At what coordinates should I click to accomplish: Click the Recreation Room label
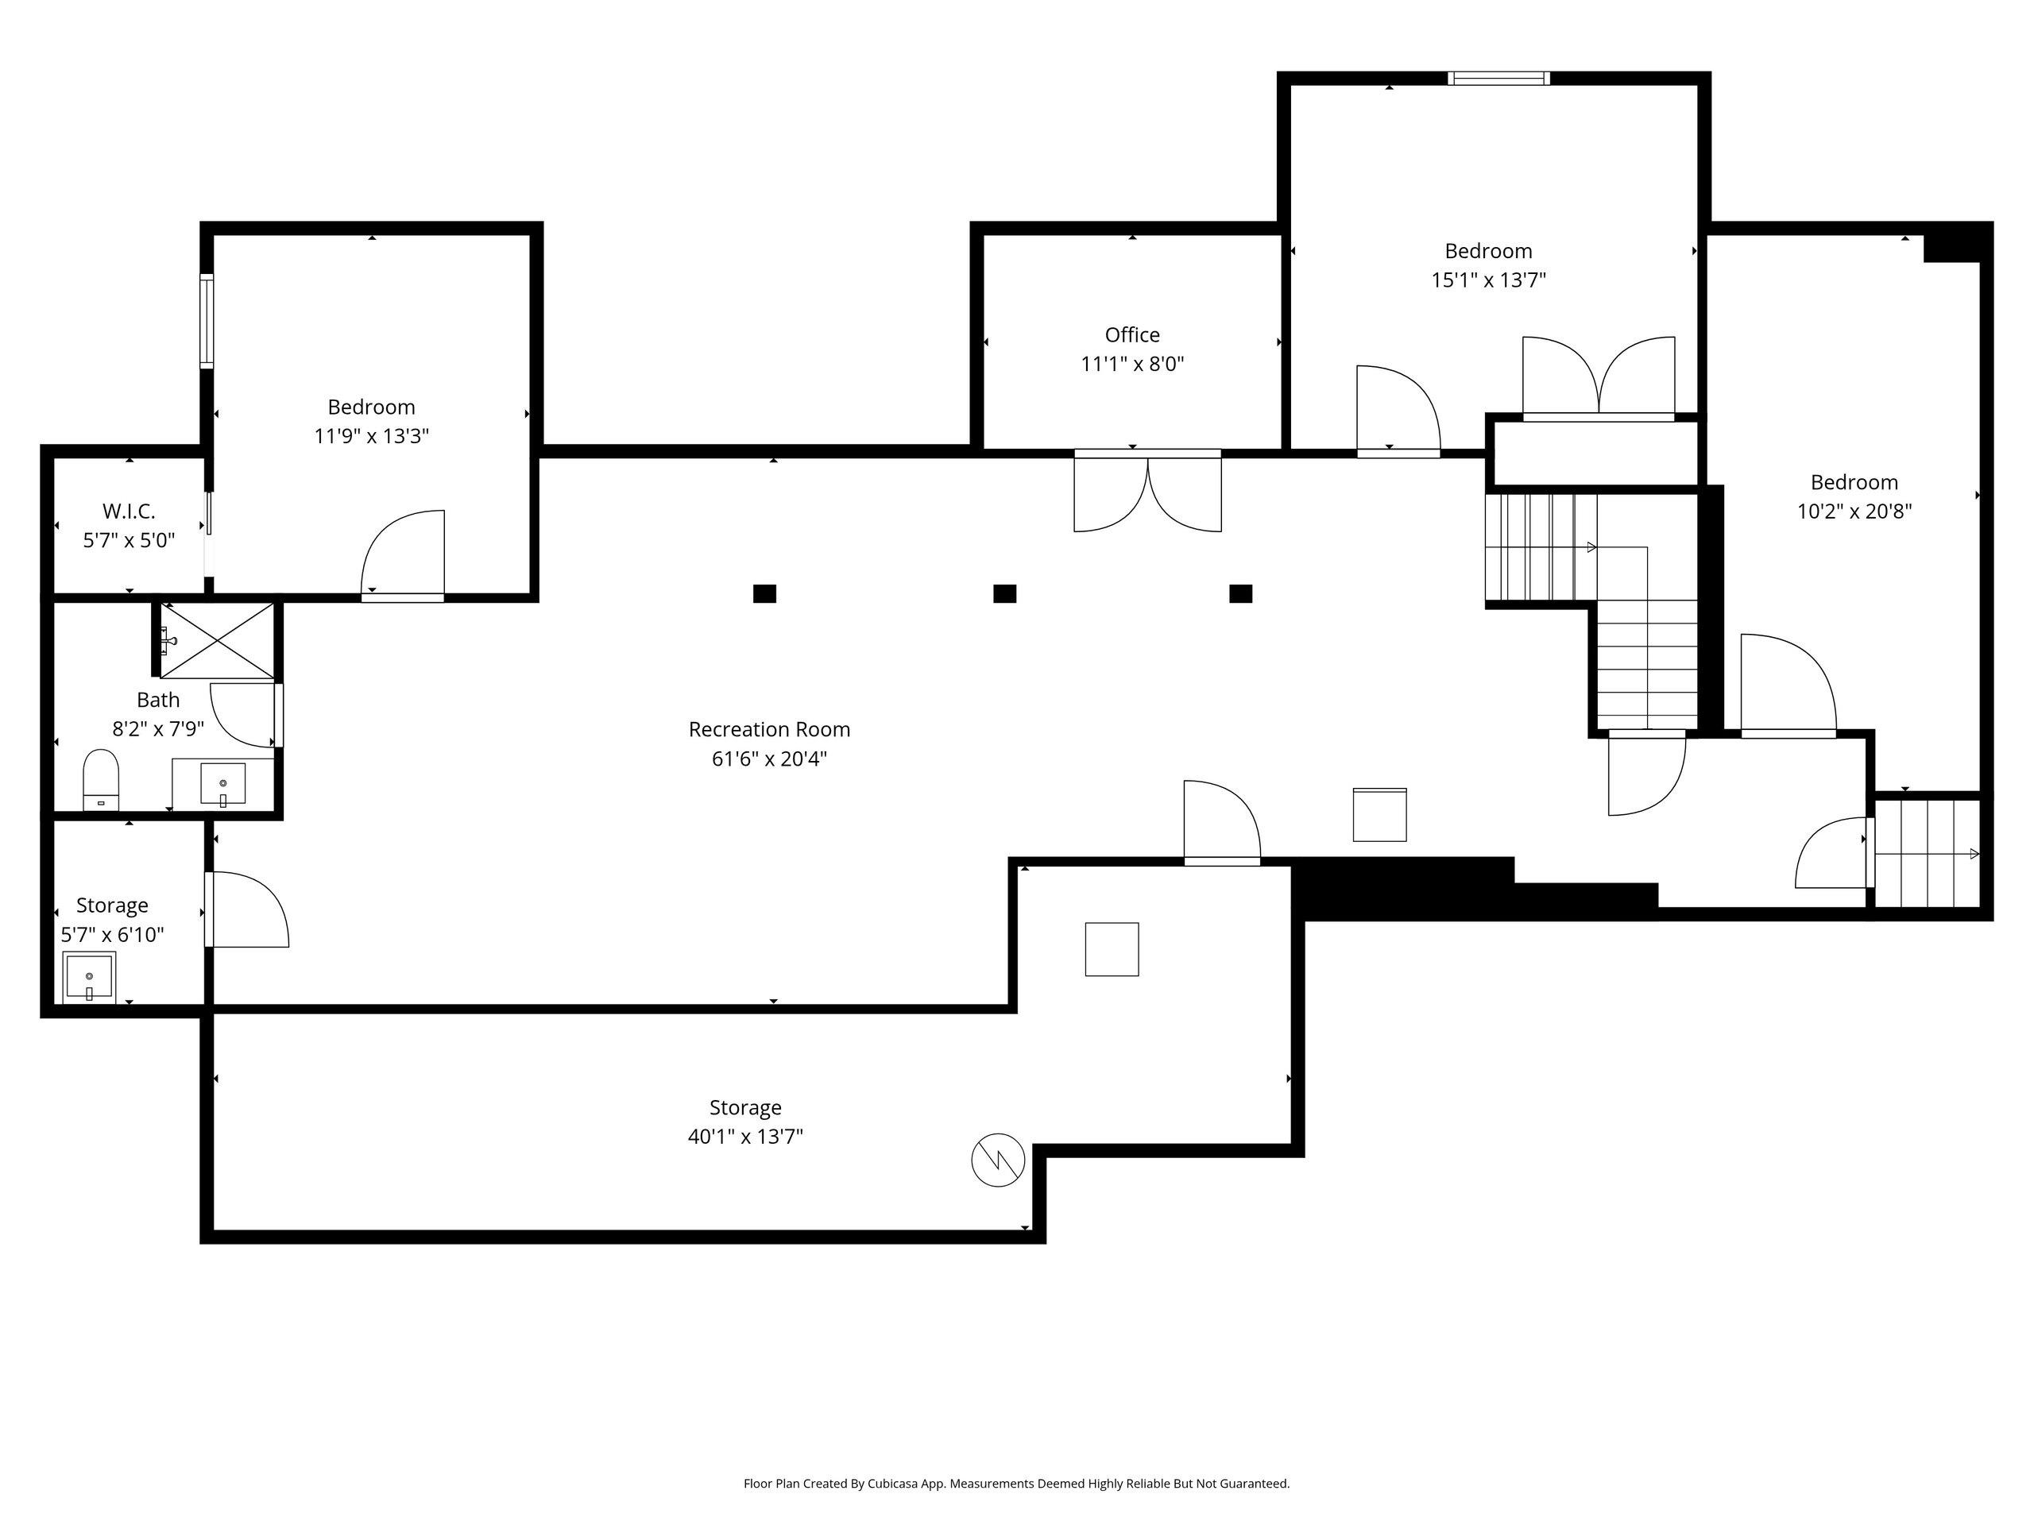769,729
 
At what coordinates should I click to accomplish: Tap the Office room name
1132,334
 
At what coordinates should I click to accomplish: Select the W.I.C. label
129,510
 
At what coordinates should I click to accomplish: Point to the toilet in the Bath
101,778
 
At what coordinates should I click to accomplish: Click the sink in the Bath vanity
222,783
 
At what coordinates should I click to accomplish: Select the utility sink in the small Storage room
89,976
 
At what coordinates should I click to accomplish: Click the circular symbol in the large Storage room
998,1160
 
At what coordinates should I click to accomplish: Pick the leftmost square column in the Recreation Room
764,594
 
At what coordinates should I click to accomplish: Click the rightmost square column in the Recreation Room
1240,594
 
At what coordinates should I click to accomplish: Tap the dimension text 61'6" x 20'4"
769,759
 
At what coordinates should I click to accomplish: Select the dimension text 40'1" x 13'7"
744,1136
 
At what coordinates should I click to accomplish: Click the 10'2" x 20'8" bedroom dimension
1854,510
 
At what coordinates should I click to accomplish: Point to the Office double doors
1147,491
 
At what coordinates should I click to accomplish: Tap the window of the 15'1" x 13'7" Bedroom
1498,78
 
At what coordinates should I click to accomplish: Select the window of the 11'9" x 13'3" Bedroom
207,321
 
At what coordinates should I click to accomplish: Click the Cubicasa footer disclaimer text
1016,1483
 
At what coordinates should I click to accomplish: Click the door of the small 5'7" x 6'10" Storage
246,909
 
